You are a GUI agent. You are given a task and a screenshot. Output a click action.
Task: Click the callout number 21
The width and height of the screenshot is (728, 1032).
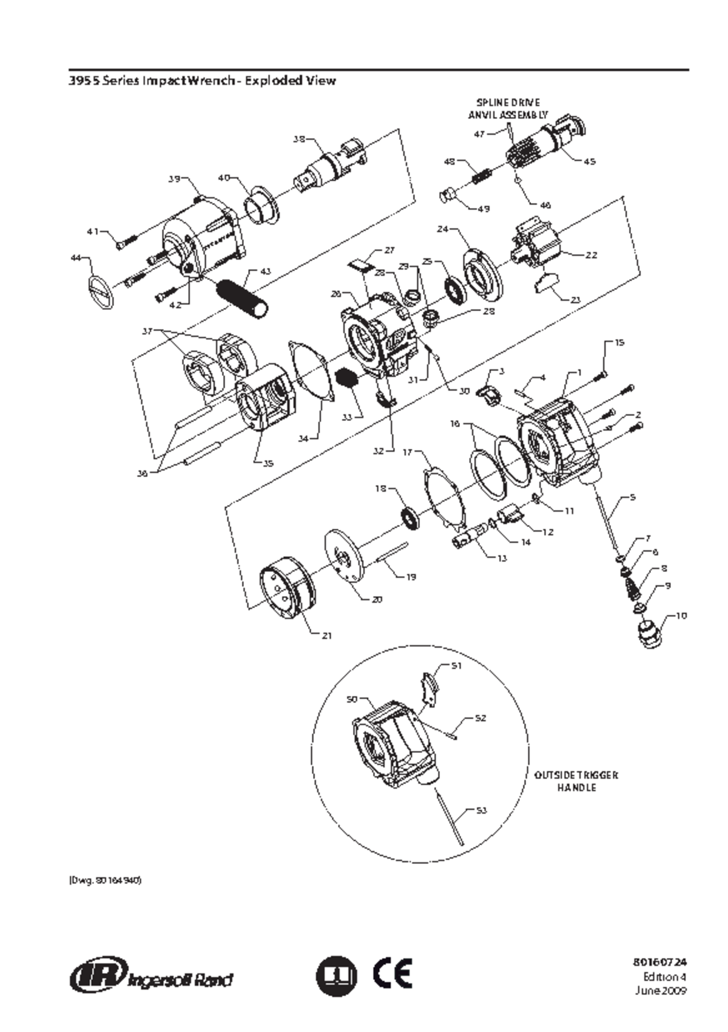pyautogui.click(x=326, y=636)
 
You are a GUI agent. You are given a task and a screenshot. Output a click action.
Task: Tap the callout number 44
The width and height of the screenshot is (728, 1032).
pyautogui.click(x=76, y=258)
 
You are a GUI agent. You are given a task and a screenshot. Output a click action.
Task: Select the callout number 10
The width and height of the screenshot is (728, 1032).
pyautogui.click(x=681, y=616)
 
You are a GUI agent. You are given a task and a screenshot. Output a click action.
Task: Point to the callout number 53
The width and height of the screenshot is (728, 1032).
pyautogui.click(x=480, y=810)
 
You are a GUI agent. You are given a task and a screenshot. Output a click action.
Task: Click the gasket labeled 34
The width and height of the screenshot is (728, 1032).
pyautogui.click(x=312, y=370)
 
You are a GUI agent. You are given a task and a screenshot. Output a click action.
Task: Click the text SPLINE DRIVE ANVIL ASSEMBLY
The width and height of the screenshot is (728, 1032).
pyautogui.click(x=508, y=109)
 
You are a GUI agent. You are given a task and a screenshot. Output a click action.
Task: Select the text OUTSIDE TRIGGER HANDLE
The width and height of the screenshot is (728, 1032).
pyautogui.click(x=576, y=781)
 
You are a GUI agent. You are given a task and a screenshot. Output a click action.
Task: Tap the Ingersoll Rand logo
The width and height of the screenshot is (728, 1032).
pyautogui.click(x=152, y=976)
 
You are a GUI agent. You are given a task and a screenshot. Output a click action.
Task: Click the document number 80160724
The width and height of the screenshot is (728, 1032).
pyautogui.click(x=660, y=962)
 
